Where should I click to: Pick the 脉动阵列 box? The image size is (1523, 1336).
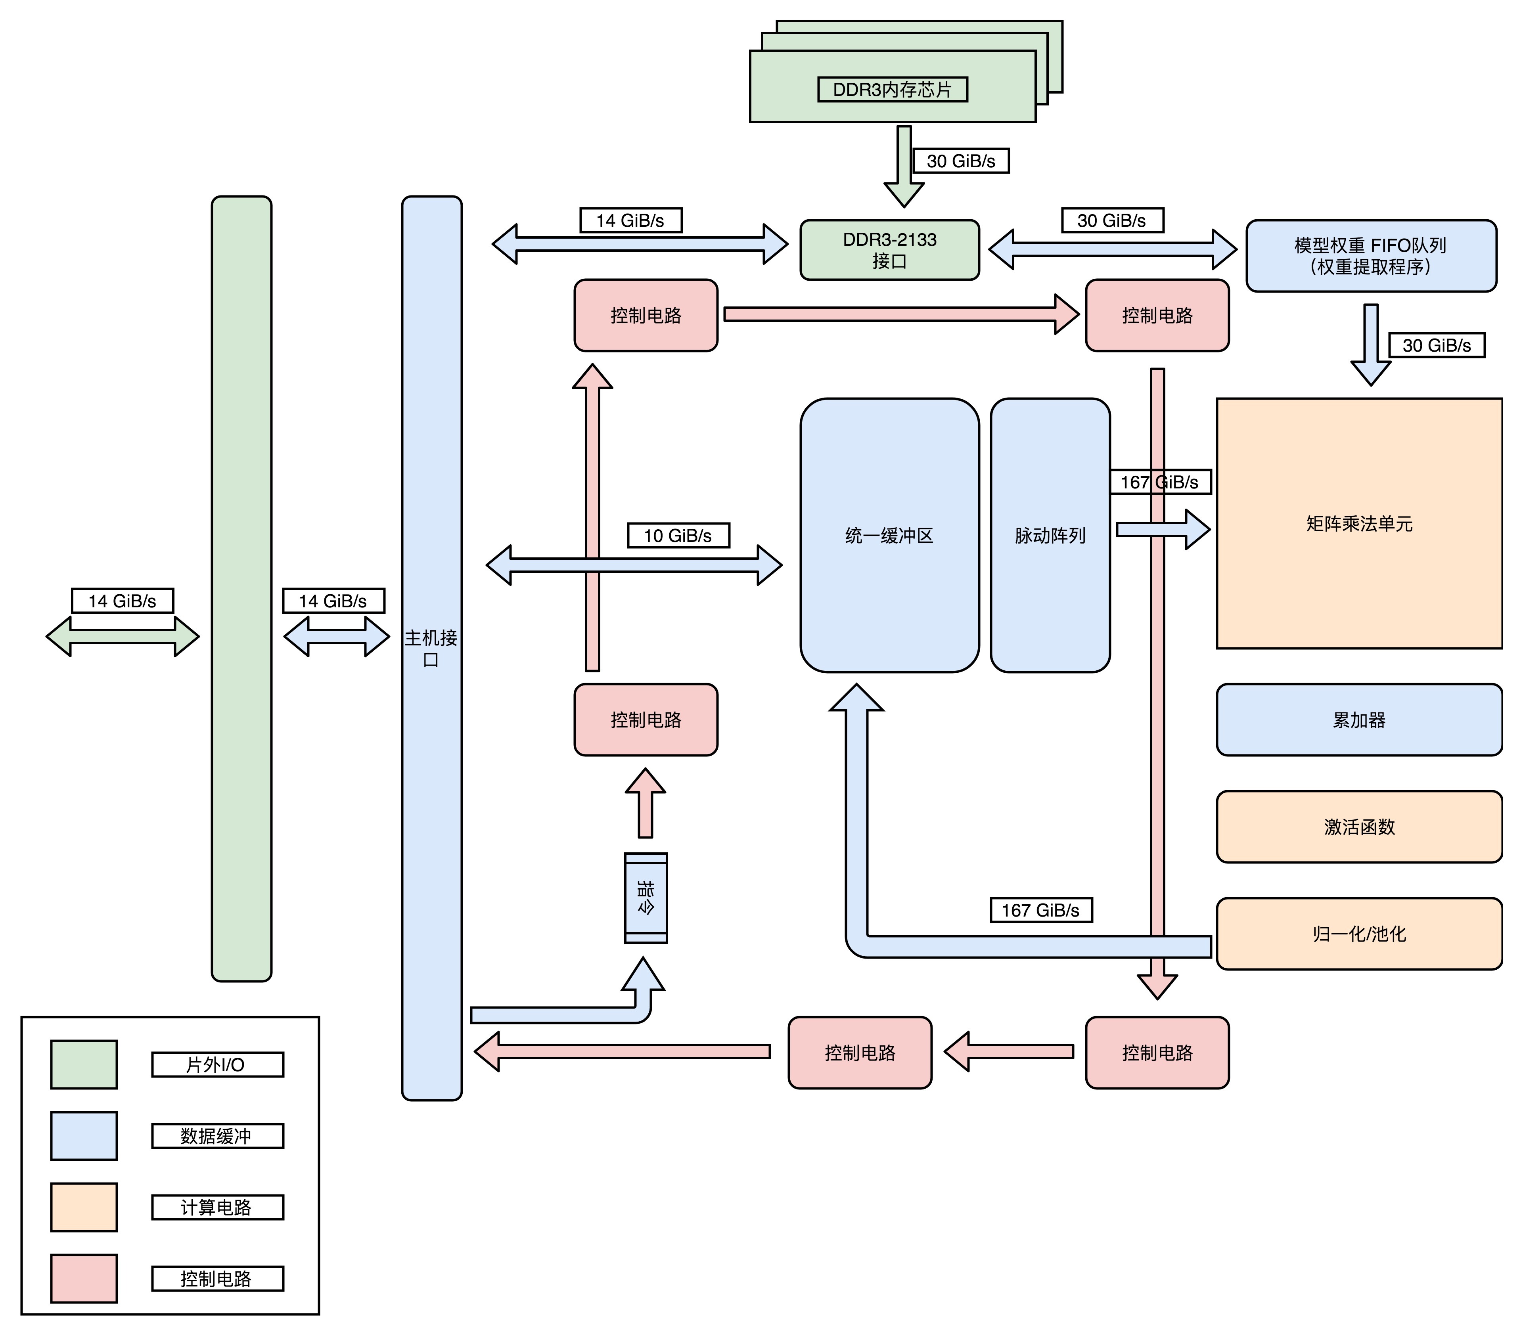1050,535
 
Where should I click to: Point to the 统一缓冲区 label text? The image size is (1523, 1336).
889,536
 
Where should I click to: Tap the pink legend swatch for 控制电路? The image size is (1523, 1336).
83,1279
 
